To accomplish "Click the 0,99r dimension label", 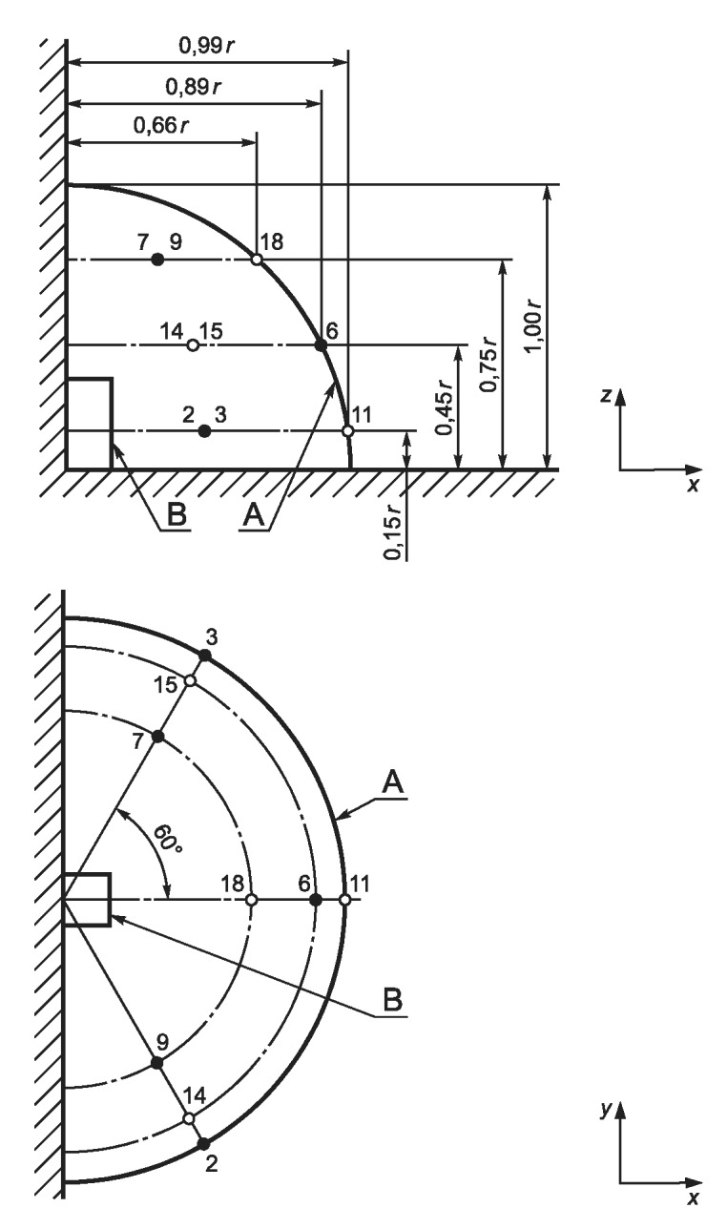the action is coord(207,46).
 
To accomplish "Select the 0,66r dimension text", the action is coord(161,126).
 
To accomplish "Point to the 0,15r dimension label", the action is coord(394,531).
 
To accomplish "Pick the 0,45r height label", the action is coord(444,406).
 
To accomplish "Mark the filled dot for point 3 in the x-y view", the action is coord(205,656).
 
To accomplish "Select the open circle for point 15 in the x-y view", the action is coord(190,681).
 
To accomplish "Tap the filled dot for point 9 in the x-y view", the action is coord(157,1063).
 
